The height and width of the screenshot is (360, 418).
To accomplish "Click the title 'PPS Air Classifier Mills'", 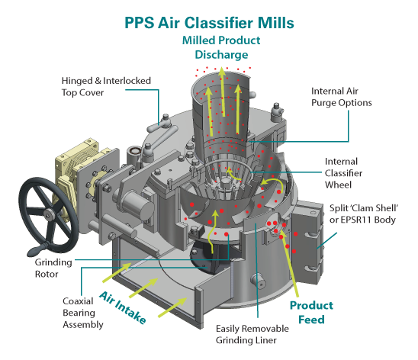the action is [209, 23].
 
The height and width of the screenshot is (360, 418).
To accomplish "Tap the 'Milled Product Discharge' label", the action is [221, 47].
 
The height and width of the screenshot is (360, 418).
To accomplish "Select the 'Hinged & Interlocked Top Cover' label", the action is [106, 87].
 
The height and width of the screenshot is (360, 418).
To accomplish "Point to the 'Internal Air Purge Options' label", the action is [342, 97].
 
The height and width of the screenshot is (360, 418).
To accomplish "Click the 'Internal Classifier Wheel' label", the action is [343, 173].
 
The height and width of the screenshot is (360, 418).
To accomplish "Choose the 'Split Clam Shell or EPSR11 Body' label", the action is [364, 214].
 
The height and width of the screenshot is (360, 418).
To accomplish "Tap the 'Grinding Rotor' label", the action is [53, 268].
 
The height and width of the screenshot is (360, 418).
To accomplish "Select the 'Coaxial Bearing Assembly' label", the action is [83, 313].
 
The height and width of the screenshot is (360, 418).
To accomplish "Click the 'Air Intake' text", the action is [123, 307].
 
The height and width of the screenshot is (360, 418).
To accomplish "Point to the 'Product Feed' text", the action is [311, 312].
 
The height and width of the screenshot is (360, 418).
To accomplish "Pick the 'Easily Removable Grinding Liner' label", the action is [252, 334].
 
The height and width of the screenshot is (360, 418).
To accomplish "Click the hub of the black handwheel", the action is [49, 214].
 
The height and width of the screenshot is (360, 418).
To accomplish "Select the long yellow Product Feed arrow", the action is [289, 263].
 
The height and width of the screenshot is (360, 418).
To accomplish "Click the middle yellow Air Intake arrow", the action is [143, 288].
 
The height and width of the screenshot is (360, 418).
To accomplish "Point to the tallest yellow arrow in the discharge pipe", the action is [222, 92].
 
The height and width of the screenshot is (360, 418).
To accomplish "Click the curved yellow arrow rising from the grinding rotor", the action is [213, 231].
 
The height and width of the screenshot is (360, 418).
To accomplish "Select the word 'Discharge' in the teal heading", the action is [221, 55].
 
